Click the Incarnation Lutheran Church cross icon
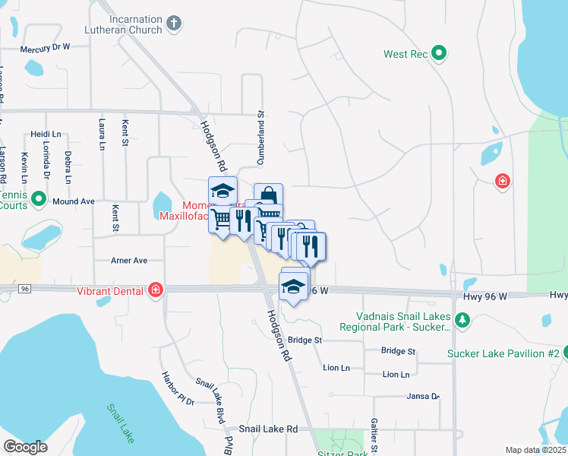coord(174,24)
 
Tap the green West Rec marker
coord(438,53)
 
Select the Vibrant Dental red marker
coord(156,290)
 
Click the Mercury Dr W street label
coord(45,48)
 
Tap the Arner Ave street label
coord(129,260)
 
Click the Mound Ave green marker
coord(39,201)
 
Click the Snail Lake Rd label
coord(268,429)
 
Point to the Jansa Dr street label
coord(424,396)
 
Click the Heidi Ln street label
coord(46,134)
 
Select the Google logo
coord(25,447)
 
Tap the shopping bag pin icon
coord(268,195)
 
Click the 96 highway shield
coord(25,289)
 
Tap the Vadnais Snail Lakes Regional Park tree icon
coord(461,321)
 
